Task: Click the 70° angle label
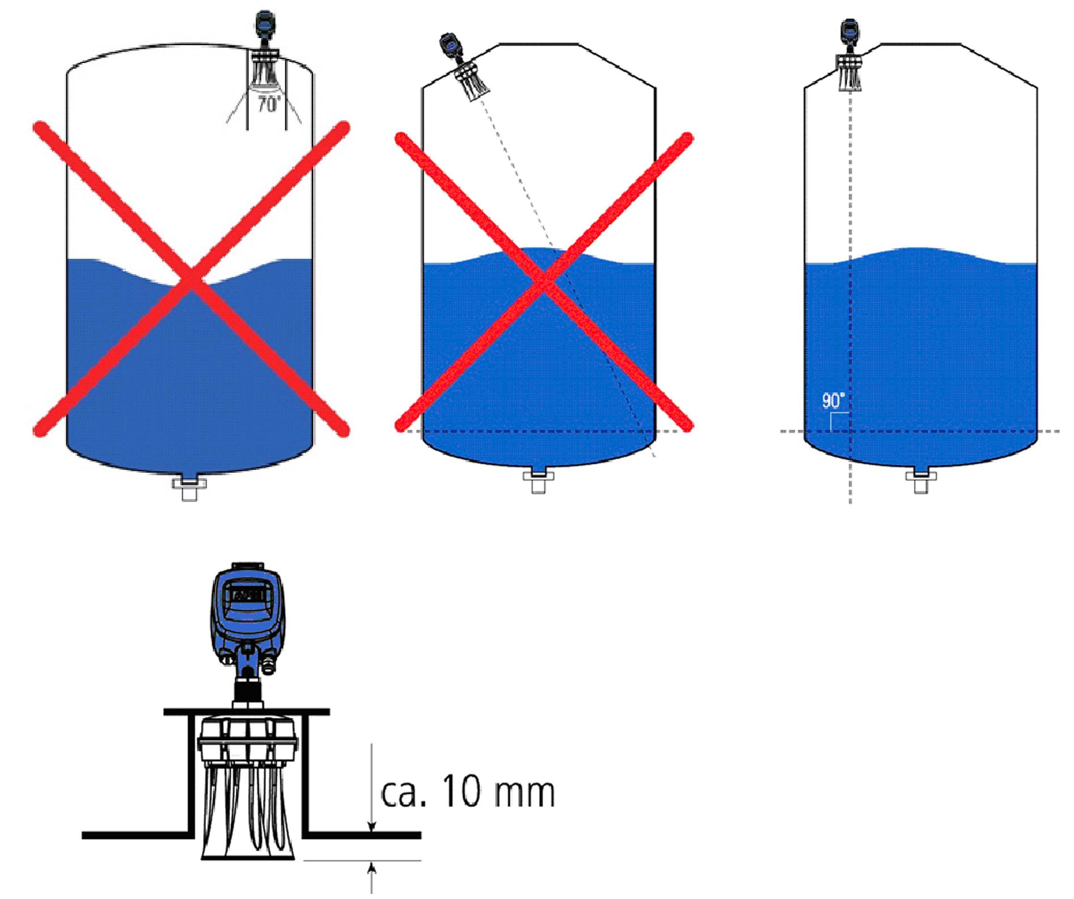(269, 104)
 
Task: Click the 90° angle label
(834, 401)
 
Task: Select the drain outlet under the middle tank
(538, 482)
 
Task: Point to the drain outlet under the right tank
(921, 482)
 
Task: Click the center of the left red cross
(191, 279)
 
